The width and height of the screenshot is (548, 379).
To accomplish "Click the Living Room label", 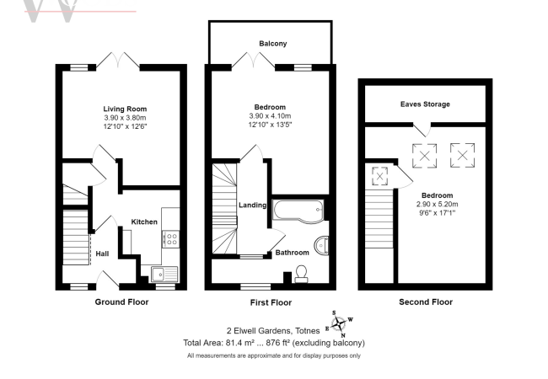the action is point(125,109).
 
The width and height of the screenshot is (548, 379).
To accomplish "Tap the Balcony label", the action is point(273,44).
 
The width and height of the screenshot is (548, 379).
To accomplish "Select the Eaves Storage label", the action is point(425,104).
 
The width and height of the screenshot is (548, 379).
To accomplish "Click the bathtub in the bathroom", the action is point(298,211).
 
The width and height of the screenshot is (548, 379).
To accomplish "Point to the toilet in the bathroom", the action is point(301,274).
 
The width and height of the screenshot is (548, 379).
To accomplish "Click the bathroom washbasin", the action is point(321,245).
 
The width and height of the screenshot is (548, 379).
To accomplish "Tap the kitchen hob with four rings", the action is point(171,239).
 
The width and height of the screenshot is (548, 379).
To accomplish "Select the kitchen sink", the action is point(164,274).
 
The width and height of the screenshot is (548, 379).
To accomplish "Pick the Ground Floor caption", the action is point(121,302).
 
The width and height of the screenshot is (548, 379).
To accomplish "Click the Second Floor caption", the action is point(426,302).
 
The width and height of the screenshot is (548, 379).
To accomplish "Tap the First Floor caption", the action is point(271,302).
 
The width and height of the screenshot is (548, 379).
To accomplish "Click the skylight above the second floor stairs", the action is point(379,176).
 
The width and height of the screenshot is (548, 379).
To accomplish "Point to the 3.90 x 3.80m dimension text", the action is point(125,118).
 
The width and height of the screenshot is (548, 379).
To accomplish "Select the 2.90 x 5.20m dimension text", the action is point(437,204).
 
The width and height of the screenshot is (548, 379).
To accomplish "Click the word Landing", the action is point(253,206).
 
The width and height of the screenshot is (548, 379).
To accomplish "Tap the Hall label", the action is point(102,254).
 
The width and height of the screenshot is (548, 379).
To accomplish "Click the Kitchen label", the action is point(144,222).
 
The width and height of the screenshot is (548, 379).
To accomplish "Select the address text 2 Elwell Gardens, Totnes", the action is point(273,331).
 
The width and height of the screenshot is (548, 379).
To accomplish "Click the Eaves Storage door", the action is point(422,129).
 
